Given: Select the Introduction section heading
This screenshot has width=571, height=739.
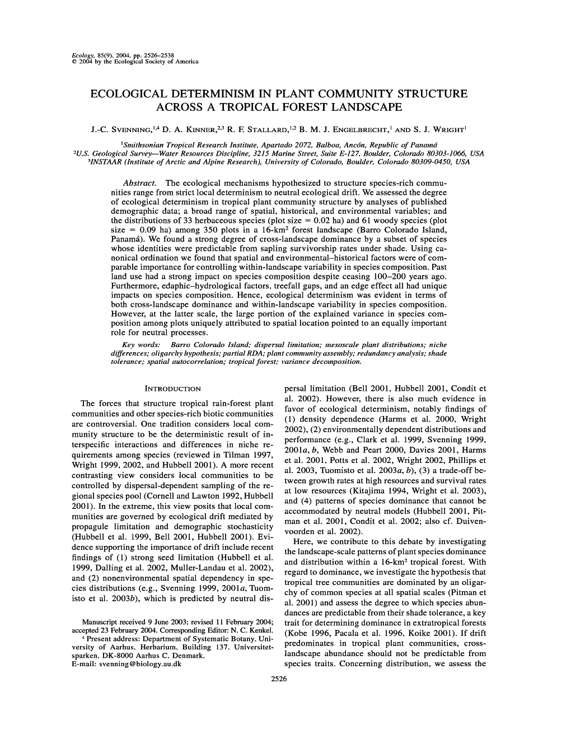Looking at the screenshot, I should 172,388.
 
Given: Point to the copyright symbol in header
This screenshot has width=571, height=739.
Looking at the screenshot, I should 74,62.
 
